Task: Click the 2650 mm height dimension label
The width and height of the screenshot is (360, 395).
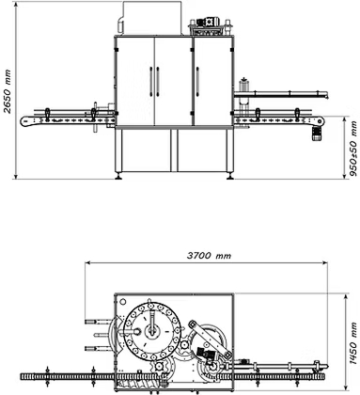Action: pyautogui.click(x=7, y=91)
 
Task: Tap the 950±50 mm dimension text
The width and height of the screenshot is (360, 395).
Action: pyautogui.click(x=353, y=149)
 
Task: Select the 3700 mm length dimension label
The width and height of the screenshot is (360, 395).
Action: pyautogui.click(x=209, y=256)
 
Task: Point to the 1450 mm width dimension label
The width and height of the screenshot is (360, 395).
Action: pyautogui.click(x=353, y=343)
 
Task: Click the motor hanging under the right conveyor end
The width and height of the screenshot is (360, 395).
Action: pyautogui.click(x=317, y=134)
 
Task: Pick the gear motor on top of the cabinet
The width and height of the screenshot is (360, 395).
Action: pyautogui.click(x=208, y=23)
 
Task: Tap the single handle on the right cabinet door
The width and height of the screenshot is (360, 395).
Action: pyautogui.click(x=197, y=81)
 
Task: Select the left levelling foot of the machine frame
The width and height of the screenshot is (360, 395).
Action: pyautogui.click(x=118, y=176)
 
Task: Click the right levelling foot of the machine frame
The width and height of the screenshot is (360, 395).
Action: pyautogui.click(x=230, y=176)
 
